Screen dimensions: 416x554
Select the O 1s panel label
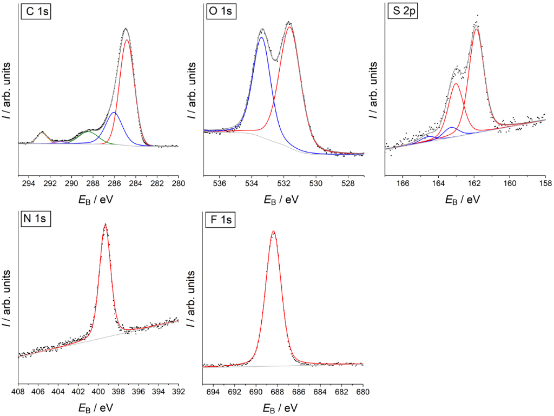click(x=220, y=12)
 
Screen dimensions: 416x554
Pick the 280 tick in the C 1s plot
click(x=178, y=183)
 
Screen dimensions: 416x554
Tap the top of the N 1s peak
click(x=105, y=225)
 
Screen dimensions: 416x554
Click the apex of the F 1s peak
click(x=273, y=232)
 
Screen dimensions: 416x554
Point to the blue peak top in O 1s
click(x=261, y=37)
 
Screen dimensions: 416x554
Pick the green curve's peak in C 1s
click(x=88, y=131)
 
